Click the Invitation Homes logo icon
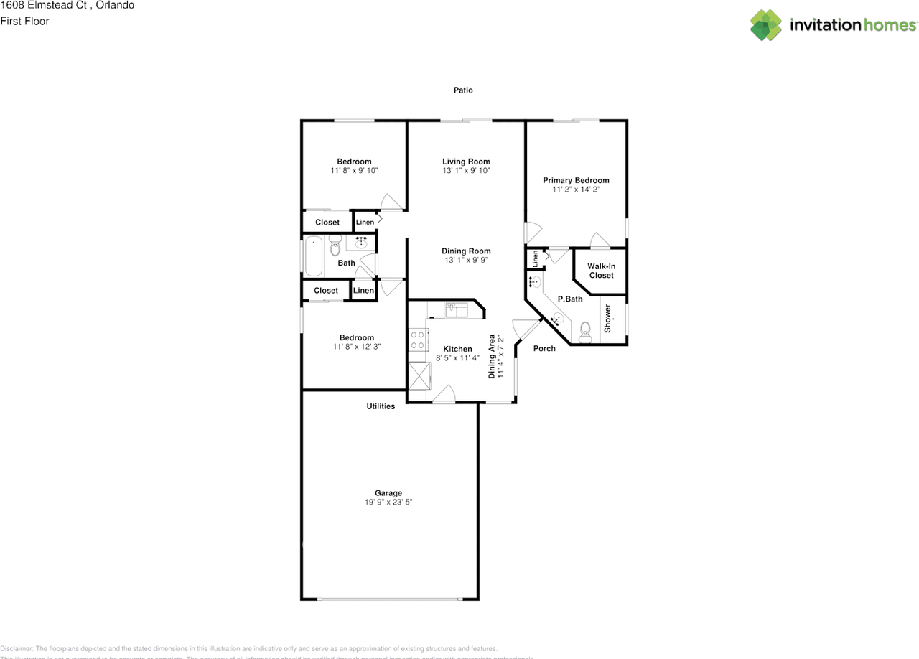tap(765, 25)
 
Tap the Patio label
tap(463, 90)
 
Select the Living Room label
tap(466, 162)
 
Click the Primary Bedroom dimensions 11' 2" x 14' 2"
tap(576, 190)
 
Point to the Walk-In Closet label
tap(601, 271)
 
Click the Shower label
tap(607, 318)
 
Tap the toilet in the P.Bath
tap(585, 329)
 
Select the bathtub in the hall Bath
tap(314, 256)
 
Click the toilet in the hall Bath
tap(335, 248)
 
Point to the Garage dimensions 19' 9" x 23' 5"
tap(388, 503)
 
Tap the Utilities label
tap(381, 406)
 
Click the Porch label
tap(544, 349)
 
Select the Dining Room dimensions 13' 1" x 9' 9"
tap(466, 261)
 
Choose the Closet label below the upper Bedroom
tap(327, 223)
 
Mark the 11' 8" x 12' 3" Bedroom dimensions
tap(357, 347)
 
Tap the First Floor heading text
tap(24, 22)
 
